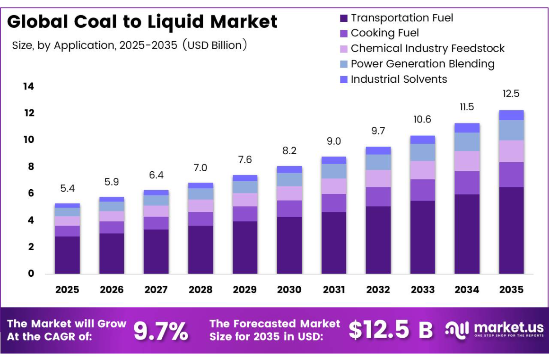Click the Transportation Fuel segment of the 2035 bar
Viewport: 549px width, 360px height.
click(x=511, y=230)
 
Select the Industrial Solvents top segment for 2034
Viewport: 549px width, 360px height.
click(x=467, y=128)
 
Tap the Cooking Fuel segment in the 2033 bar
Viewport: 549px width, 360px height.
click(x=423, y=190)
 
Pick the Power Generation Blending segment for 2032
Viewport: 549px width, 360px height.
click(x=378, y=162)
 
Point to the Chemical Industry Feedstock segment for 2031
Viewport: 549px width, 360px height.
click(x=334, y=186)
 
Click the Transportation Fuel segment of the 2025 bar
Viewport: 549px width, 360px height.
click(x=67, y=255)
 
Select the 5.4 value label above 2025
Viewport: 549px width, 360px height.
click(x=67, y=188)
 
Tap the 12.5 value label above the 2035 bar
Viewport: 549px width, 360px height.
click(x=511, y=94)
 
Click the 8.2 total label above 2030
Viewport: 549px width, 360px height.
click(x=289, y=150)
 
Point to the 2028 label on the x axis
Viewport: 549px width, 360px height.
click(x=200, y=290)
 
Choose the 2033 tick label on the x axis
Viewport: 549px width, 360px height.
click(x=423, y=290)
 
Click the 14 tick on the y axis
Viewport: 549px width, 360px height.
click(x=29, y=86)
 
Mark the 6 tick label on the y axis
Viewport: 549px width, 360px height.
click(x=31, y=193)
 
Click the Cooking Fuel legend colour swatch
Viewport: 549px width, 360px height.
click(x=343, y=34)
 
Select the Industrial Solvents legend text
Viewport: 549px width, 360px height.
click(x=399, y=79)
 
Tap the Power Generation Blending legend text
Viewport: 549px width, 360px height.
click(x=423, y=64)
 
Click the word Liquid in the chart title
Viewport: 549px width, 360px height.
click(x=175, y=22)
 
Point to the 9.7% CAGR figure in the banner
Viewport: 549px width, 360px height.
click(x=161, y=331)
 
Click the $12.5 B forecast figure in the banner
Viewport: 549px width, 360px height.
click(x=391, y=330)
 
